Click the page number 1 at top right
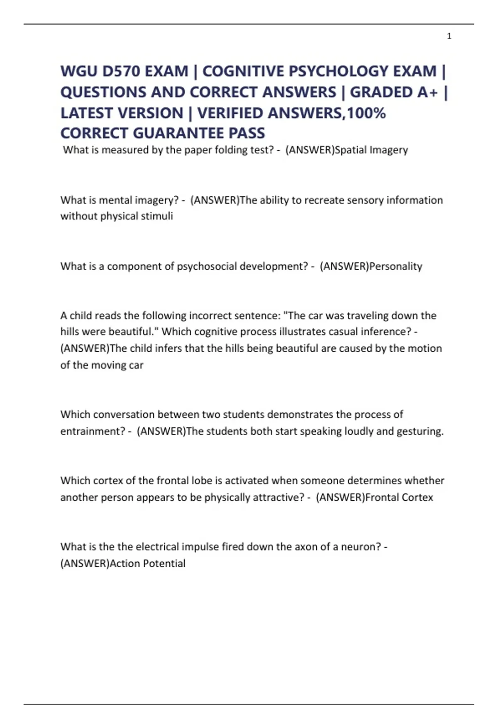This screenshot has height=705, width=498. (x=449, y=36)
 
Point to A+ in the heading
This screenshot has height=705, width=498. (x=427, y=92)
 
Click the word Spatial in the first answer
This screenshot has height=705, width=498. (x=351, y=150)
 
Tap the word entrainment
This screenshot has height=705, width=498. (x=90, y=431)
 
